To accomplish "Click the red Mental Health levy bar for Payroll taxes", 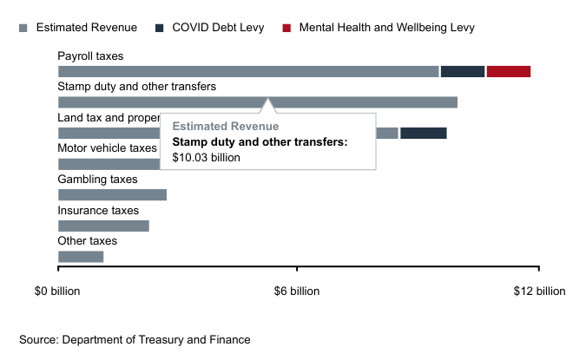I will [x=508, y=71].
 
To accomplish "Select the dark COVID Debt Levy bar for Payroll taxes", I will [x=462, y=71].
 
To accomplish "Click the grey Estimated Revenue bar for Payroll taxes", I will [x=248, y=71].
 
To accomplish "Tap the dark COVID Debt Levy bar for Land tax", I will [x=423, y=133].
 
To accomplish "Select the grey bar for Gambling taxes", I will [x=112, y=194].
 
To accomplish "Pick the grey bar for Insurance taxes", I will [x=103, y=226].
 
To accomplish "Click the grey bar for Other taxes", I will [x=81, y=256].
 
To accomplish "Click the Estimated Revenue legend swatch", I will [x=24, y=28].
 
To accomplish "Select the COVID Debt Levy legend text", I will [x=220, y=28].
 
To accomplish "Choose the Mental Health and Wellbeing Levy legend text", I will [x=386, y=28].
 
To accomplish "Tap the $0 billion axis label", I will [x=57, y=291].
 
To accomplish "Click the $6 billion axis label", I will [x=297, y=291].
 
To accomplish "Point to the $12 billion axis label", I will [x=538, y=291].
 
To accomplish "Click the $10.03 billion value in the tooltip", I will [x=206, y=157].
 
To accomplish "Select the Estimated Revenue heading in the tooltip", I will [x=226, y=127].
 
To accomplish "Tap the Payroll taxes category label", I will [x=90, y=56].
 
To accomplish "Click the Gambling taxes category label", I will [x=97, y=180].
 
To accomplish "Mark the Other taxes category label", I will [x=87, y=241].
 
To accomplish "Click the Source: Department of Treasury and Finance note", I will [x=135, y=340].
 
